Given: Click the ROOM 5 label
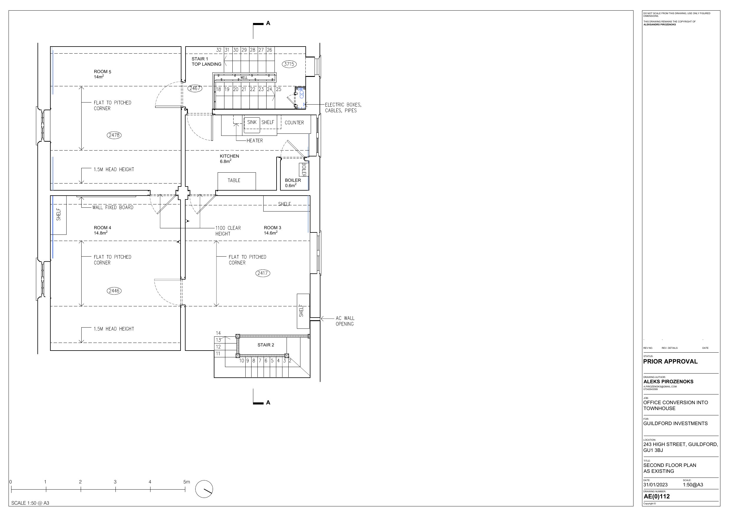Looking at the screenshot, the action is [x=102, y=72].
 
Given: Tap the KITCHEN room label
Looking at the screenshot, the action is [x=229, y=156].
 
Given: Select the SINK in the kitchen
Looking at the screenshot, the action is [x=252, y=125].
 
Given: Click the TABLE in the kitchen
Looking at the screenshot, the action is [x=236, y=181].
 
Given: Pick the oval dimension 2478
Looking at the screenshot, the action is [x=114, y=135].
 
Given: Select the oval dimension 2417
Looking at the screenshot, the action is [x=263, y=273].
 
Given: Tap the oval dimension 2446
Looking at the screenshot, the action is [x=114, y=290].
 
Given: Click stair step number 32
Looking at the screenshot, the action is [x=219, y=50].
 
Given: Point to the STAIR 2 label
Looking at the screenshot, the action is [x=266, y=345].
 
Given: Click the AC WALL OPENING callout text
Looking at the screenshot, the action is [x=345, y=321].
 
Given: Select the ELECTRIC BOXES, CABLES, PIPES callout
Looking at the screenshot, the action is [x=343, y=108].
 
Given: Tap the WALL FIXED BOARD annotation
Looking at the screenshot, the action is [x=113, y=207].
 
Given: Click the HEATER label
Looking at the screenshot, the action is [x=255, y=141].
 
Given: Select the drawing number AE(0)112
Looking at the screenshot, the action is [x=656, y=496].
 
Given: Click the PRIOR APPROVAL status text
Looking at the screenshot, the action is [x=670, y=361].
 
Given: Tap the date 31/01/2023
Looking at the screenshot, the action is [x=655, y=485].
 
